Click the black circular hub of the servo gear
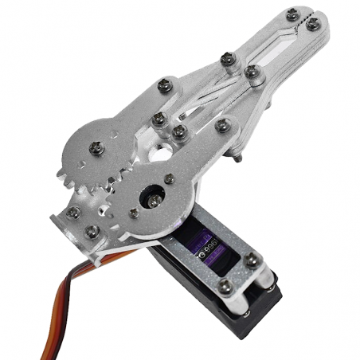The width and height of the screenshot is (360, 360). (x=150, y=195)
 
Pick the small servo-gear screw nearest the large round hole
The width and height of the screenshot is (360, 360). (x=169, y=179)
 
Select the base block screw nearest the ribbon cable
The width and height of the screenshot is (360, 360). (x=90, y=232)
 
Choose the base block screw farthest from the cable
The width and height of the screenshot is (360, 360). (x=73, y=213)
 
